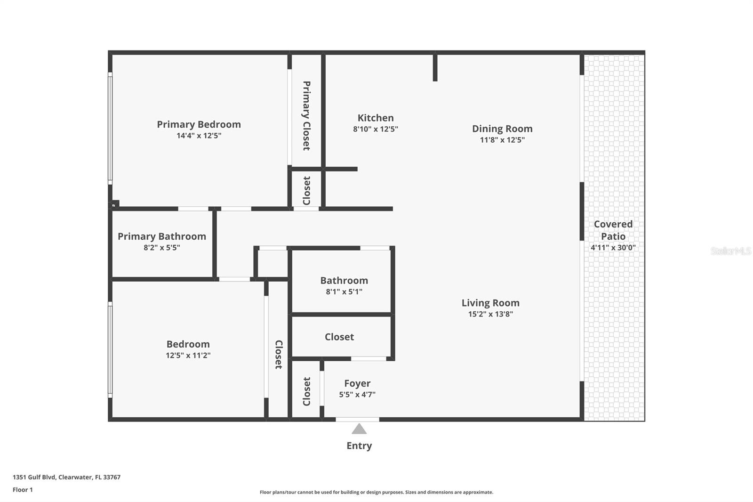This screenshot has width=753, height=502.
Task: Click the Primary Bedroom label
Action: coord(199,124)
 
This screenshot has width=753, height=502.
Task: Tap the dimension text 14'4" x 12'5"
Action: coord(199,136)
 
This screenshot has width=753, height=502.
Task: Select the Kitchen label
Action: coord(375,118)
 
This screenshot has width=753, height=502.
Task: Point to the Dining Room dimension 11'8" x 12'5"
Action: coord(502,140)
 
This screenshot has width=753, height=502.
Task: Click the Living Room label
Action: coord(490,303)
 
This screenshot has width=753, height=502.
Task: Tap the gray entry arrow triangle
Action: coord(359,429)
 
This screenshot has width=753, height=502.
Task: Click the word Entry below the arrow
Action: coord(359,445)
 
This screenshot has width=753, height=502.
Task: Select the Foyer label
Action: coord(357,383)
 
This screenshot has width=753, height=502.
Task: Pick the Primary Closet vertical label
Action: coord(306,115)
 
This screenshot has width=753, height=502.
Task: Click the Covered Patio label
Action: coord(613,230)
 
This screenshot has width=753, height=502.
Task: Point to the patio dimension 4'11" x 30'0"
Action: coord(613,248)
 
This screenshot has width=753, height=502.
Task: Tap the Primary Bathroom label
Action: coord(161,236)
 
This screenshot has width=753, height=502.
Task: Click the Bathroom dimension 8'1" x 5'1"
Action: coord(344,292)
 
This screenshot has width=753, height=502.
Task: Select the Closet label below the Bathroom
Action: coord(339,337)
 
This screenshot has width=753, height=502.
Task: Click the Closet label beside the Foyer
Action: coord(306,391)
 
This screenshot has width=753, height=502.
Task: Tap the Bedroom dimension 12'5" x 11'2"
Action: coord(188,356)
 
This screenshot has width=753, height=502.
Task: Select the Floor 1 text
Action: coord(23,490)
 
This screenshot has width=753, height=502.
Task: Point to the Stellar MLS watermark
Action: coord(730,251)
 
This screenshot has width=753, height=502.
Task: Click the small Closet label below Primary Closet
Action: coord(306,191)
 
